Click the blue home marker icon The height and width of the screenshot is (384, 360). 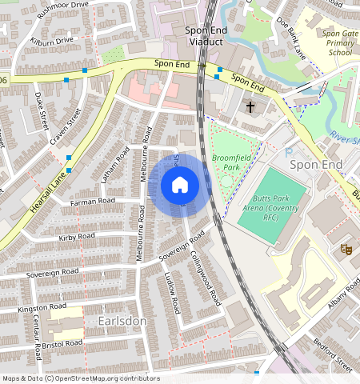coord(180,186)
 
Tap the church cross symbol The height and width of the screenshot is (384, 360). coord(250,106)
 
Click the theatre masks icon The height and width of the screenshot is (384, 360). coord(347,249)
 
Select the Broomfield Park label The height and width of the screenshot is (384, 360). coord(230,163)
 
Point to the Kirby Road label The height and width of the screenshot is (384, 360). coord(77,237)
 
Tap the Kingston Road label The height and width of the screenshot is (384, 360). coord(42,307)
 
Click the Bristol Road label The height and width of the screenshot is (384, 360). coord(63,344)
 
